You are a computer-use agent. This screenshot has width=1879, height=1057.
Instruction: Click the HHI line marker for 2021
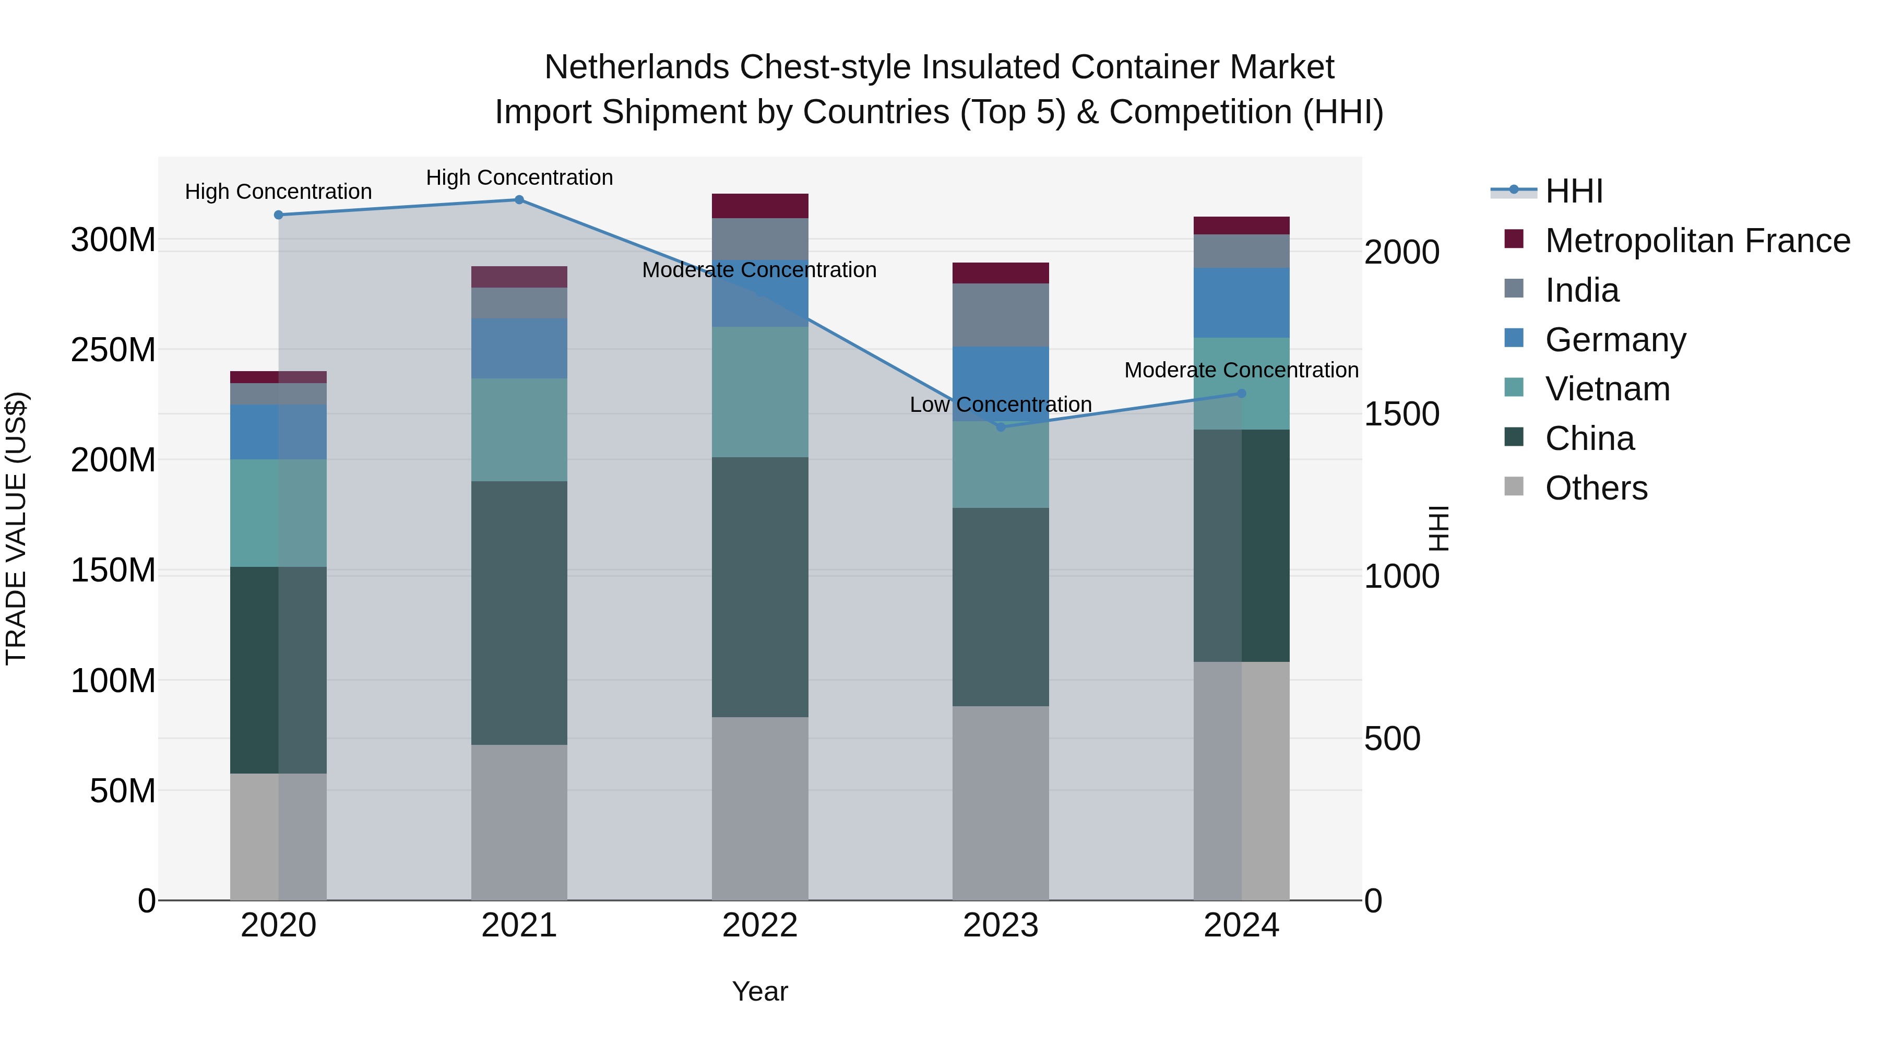[519, 200]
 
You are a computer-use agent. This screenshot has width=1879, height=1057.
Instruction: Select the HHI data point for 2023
[1001, 427]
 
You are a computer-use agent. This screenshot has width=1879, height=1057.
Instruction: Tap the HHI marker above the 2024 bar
[1242, 394]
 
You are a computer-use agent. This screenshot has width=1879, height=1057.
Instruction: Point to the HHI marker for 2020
[279, 215]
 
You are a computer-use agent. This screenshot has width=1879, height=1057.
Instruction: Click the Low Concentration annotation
[1000, 405]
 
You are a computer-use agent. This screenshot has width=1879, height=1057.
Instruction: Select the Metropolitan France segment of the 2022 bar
[760, 206]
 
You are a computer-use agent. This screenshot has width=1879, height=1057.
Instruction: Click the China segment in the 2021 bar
[519, 613]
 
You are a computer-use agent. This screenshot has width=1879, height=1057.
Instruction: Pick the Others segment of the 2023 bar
[1001, 802]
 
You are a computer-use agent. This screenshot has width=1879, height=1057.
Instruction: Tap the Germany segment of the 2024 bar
[1242, 303]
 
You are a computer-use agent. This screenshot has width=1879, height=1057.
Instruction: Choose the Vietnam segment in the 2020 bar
[279, 513]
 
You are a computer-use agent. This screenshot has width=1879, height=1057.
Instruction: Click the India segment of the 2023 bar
[1001, 315]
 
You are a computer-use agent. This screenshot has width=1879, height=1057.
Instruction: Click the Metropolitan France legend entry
[1697, 241]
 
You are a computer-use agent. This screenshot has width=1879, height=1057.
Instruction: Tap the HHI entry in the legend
[1573, 191]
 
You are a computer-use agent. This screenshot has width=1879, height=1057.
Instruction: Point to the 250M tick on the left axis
[113, 350]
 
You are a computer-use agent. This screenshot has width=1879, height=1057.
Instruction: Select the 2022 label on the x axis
[760, 925]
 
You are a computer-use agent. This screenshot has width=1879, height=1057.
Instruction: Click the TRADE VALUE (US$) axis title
[16, 528]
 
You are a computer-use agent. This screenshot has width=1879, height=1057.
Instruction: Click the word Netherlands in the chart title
[636, 67]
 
